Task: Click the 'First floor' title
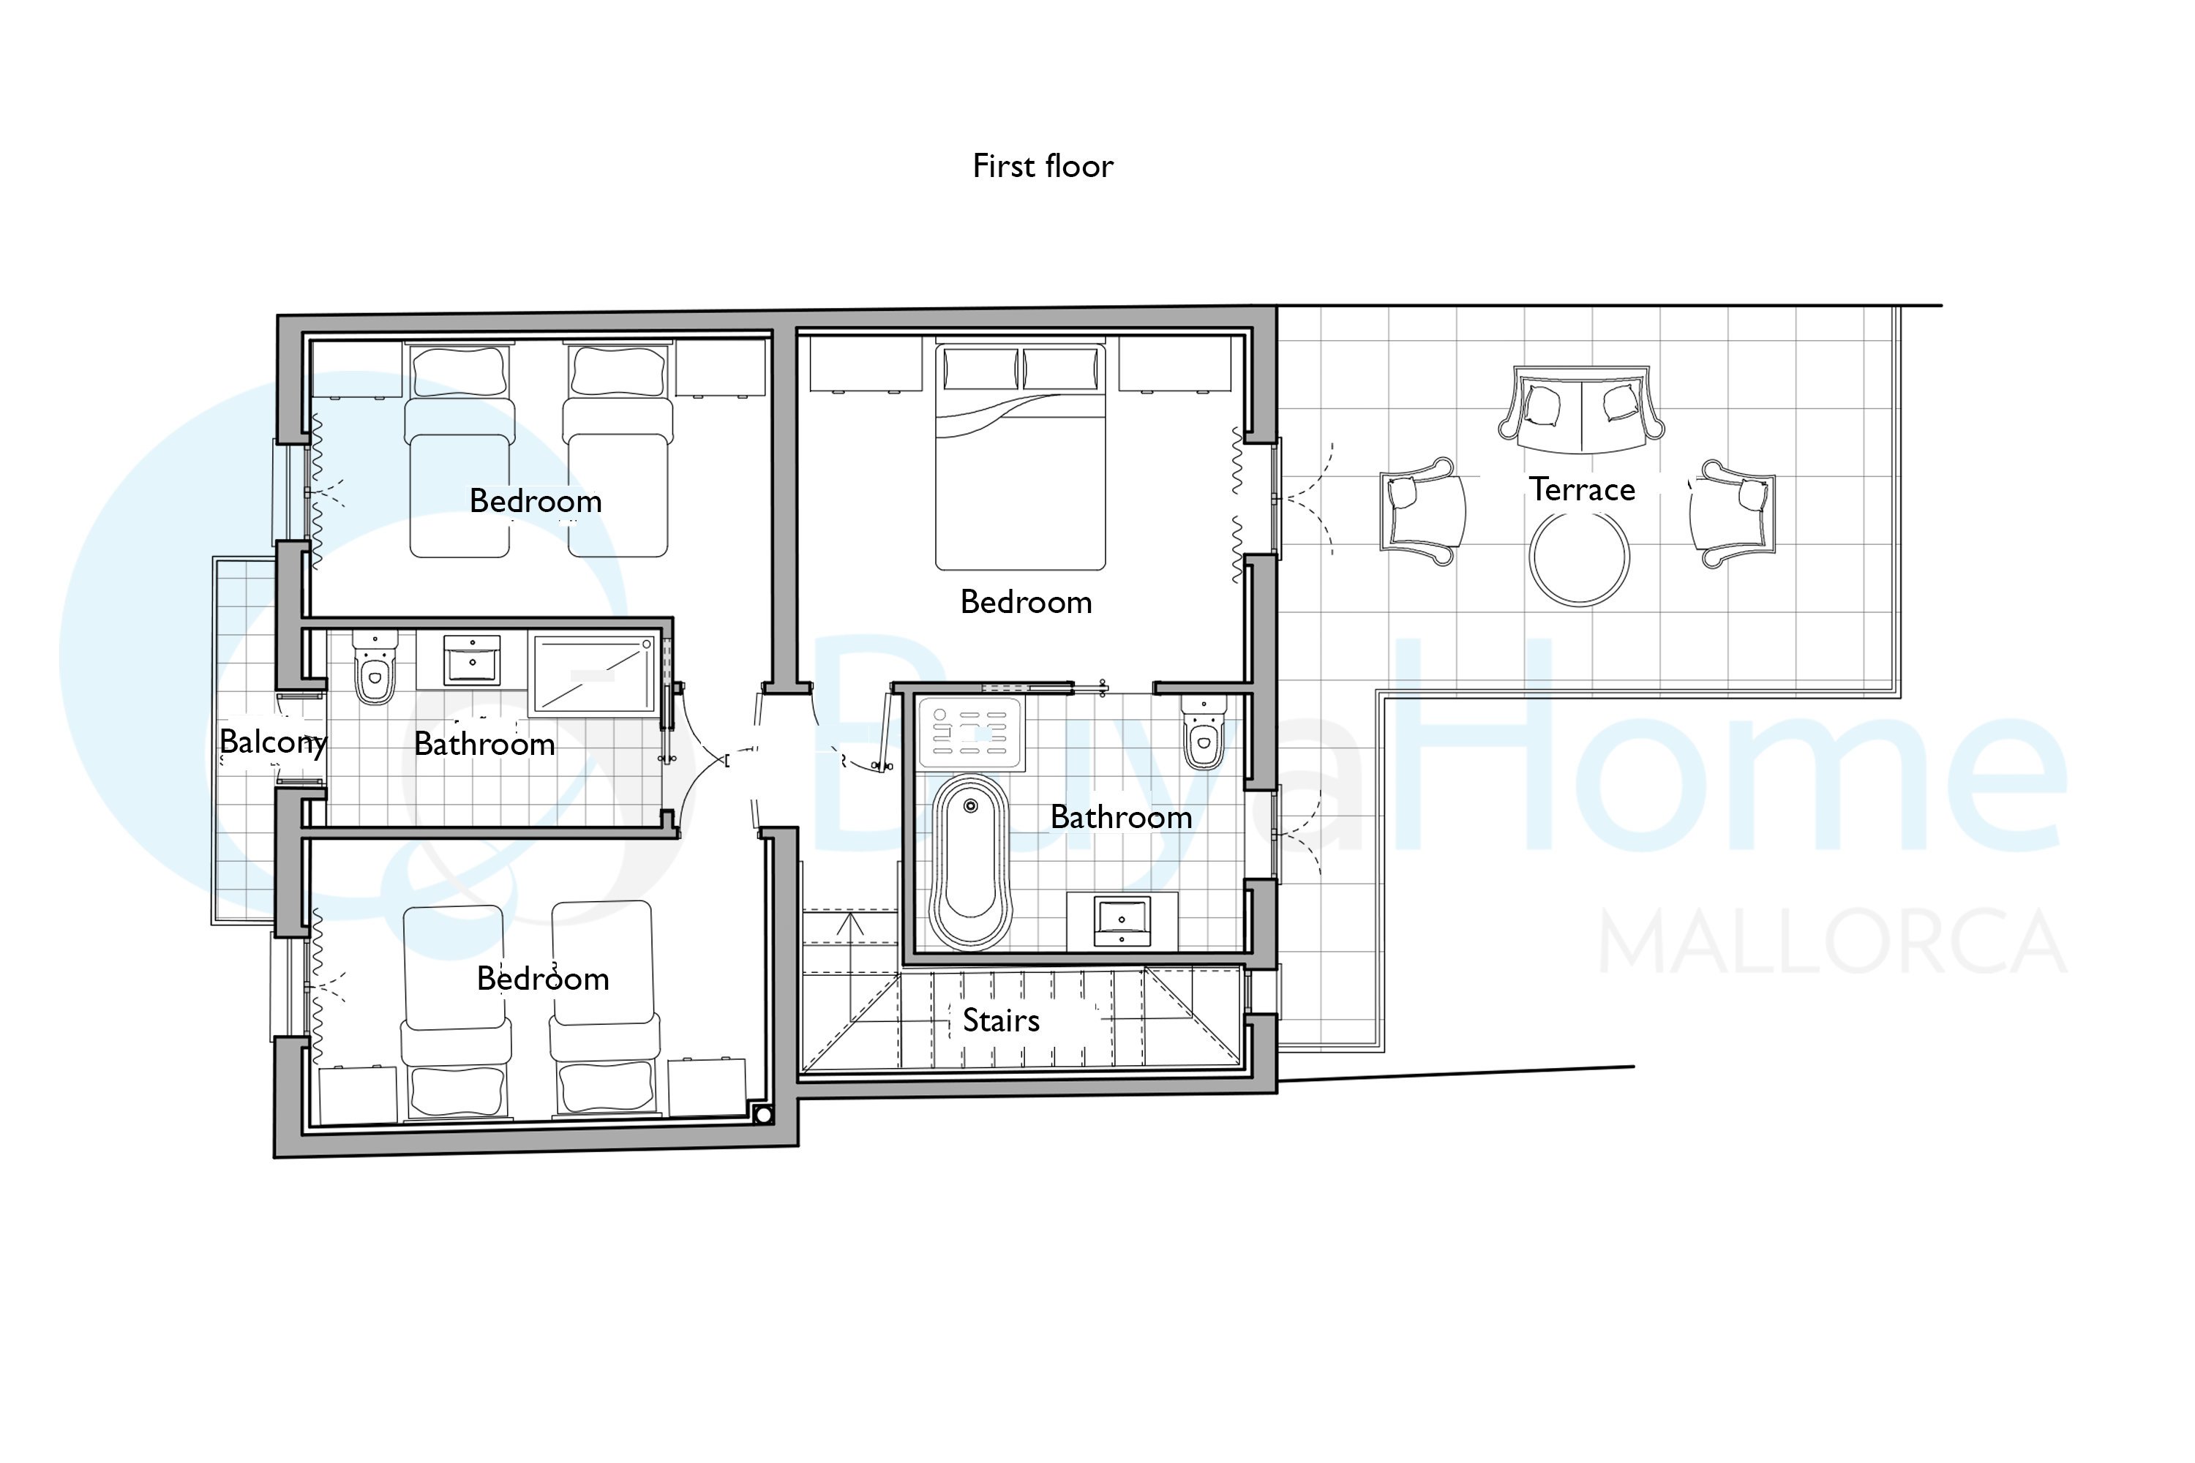pyautogui.click(x=1043, y=166)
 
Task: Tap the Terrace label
pyautogui.click(x=1582, y=490)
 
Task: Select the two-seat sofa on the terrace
pyautogui.click(x=1581, y=410)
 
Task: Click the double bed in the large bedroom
pyautogui.click(x=1020, y=456)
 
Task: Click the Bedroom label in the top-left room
pyautogui.click(x=535, y=501)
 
